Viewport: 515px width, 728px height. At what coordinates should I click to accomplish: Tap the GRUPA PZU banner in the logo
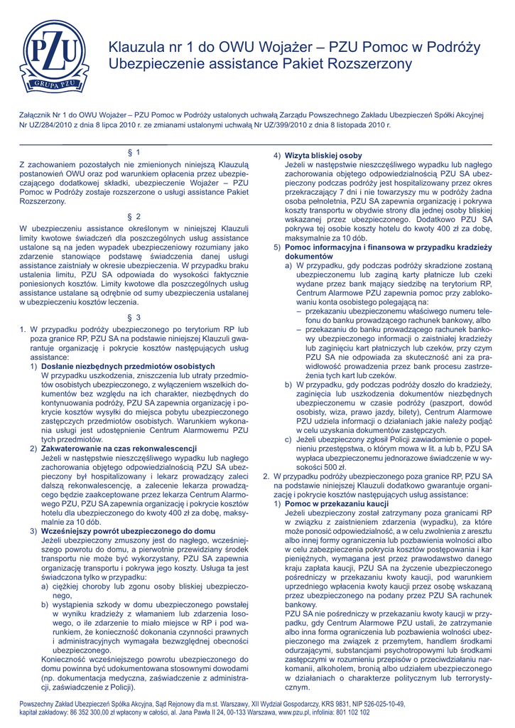51,87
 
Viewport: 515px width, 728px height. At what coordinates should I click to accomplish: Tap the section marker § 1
134,152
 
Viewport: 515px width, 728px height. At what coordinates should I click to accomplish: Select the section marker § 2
134,216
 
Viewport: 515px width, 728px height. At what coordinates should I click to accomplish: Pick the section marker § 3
134,317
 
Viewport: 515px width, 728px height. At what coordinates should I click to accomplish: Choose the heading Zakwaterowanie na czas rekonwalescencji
119,449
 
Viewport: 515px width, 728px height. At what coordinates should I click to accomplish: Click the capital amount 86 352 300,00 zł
88,712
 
